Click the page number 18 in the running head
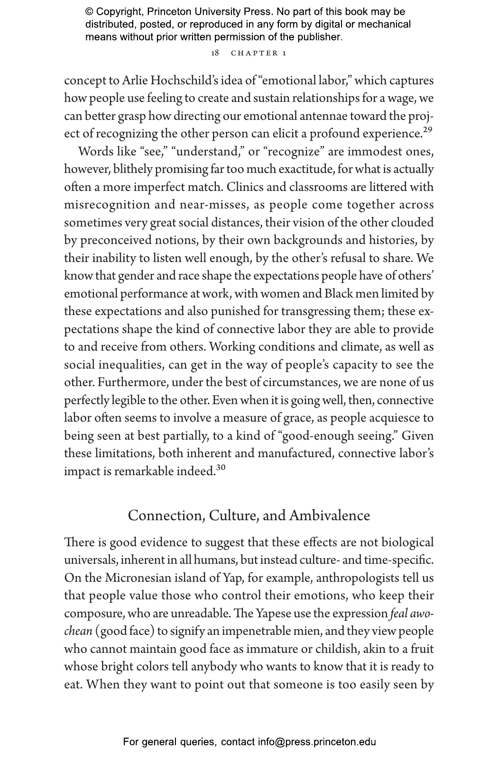click(x=215, y=53)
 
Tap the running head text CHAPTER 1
click(x=258, y=53)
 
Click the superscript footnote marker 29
click(x=427, y=130)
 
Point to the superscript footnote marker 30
click(x=221, y=468)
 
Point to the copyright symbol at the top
click(x=90, y=12)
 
